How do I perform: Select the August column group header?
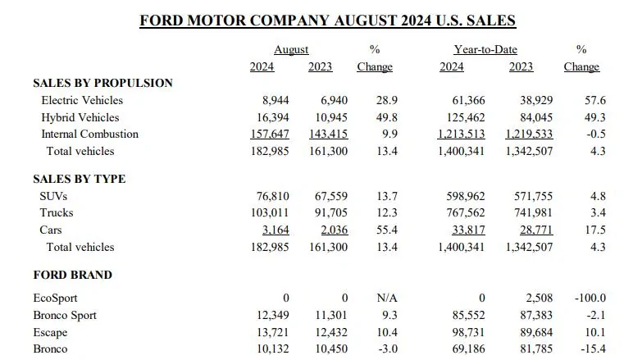[x=291, y=50]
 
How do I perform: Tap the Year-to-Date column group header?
[x=485, y=50]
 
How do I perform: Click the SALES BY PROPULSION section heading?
[x=103, y=83]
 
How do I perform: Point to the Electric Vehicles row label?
[x=82, y=100]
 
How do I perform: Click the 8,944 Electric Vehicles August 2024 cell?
[x=276, y=100]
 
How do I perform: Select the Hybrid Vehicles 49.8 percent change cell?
[x=387, y=117]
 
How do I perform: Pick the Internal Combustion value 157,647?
[x=270, y=134]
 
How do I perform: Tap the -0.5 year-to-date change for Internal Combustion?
[x=596, y=134]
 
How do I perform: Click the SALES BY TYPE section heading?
[x=80, y=179]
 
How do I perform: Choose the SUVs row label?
[x=53, y=196]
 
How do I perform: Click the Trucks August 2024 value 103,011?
[x=270, y=212]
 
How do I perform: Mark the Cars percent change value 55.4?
[x=387, y=230]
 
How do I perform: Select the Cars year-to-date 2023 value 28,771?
[x=536, y=230]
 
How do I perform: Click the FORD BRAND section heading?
[x=73, y=275]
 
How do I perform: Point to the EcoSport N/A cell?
[x=387, y=298]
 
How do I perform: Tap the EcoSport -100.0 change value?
[x=590, y=298]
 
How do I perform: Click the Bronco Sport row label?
[x=65, y=315]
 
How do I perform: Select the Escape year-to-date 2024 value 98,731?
[x=469, y=332]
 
